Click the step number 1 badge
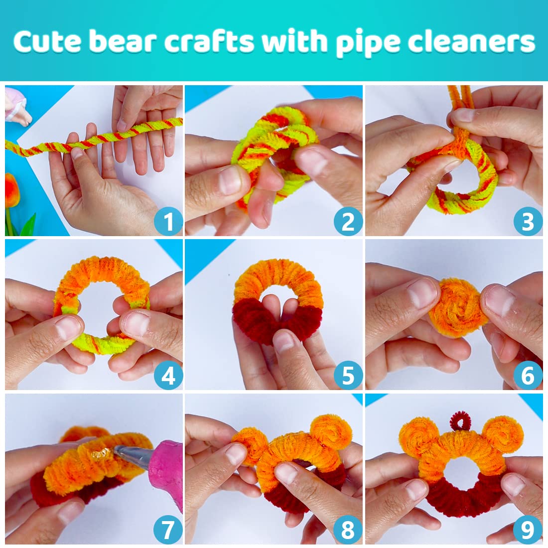coord(168,222)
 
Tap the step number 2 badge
coord(348,222)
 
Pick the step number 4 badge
coord(168,376)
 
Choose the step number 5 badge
coord(348,376)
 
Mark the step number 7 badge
coord(168,530)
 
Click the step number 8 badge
coord(348,530)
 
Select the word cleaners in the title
coord(471,42)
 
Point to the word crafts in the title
coord(209,42)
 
